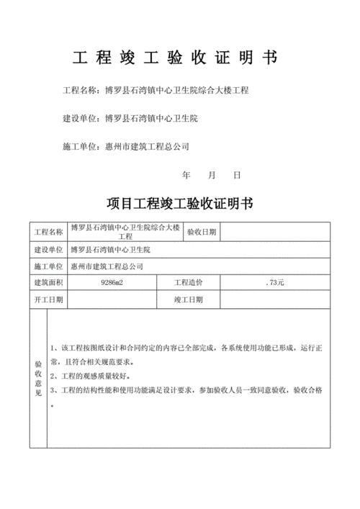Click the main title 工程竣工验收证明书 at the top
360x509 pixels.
(176, 57)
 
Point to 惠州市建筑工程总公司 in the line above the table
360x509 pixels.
(147, 146)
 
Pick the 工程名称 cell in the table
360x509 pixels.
(48, 232)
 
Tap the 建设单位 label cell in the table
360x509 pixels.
(48, 249)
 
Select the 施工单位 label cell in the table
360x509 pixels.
(48, 266)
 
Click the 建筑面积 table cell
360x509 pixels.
(48, 282)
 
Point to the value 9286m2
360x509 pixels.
(112, 282)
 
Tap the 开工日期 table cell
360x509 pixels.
(48, 299)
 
